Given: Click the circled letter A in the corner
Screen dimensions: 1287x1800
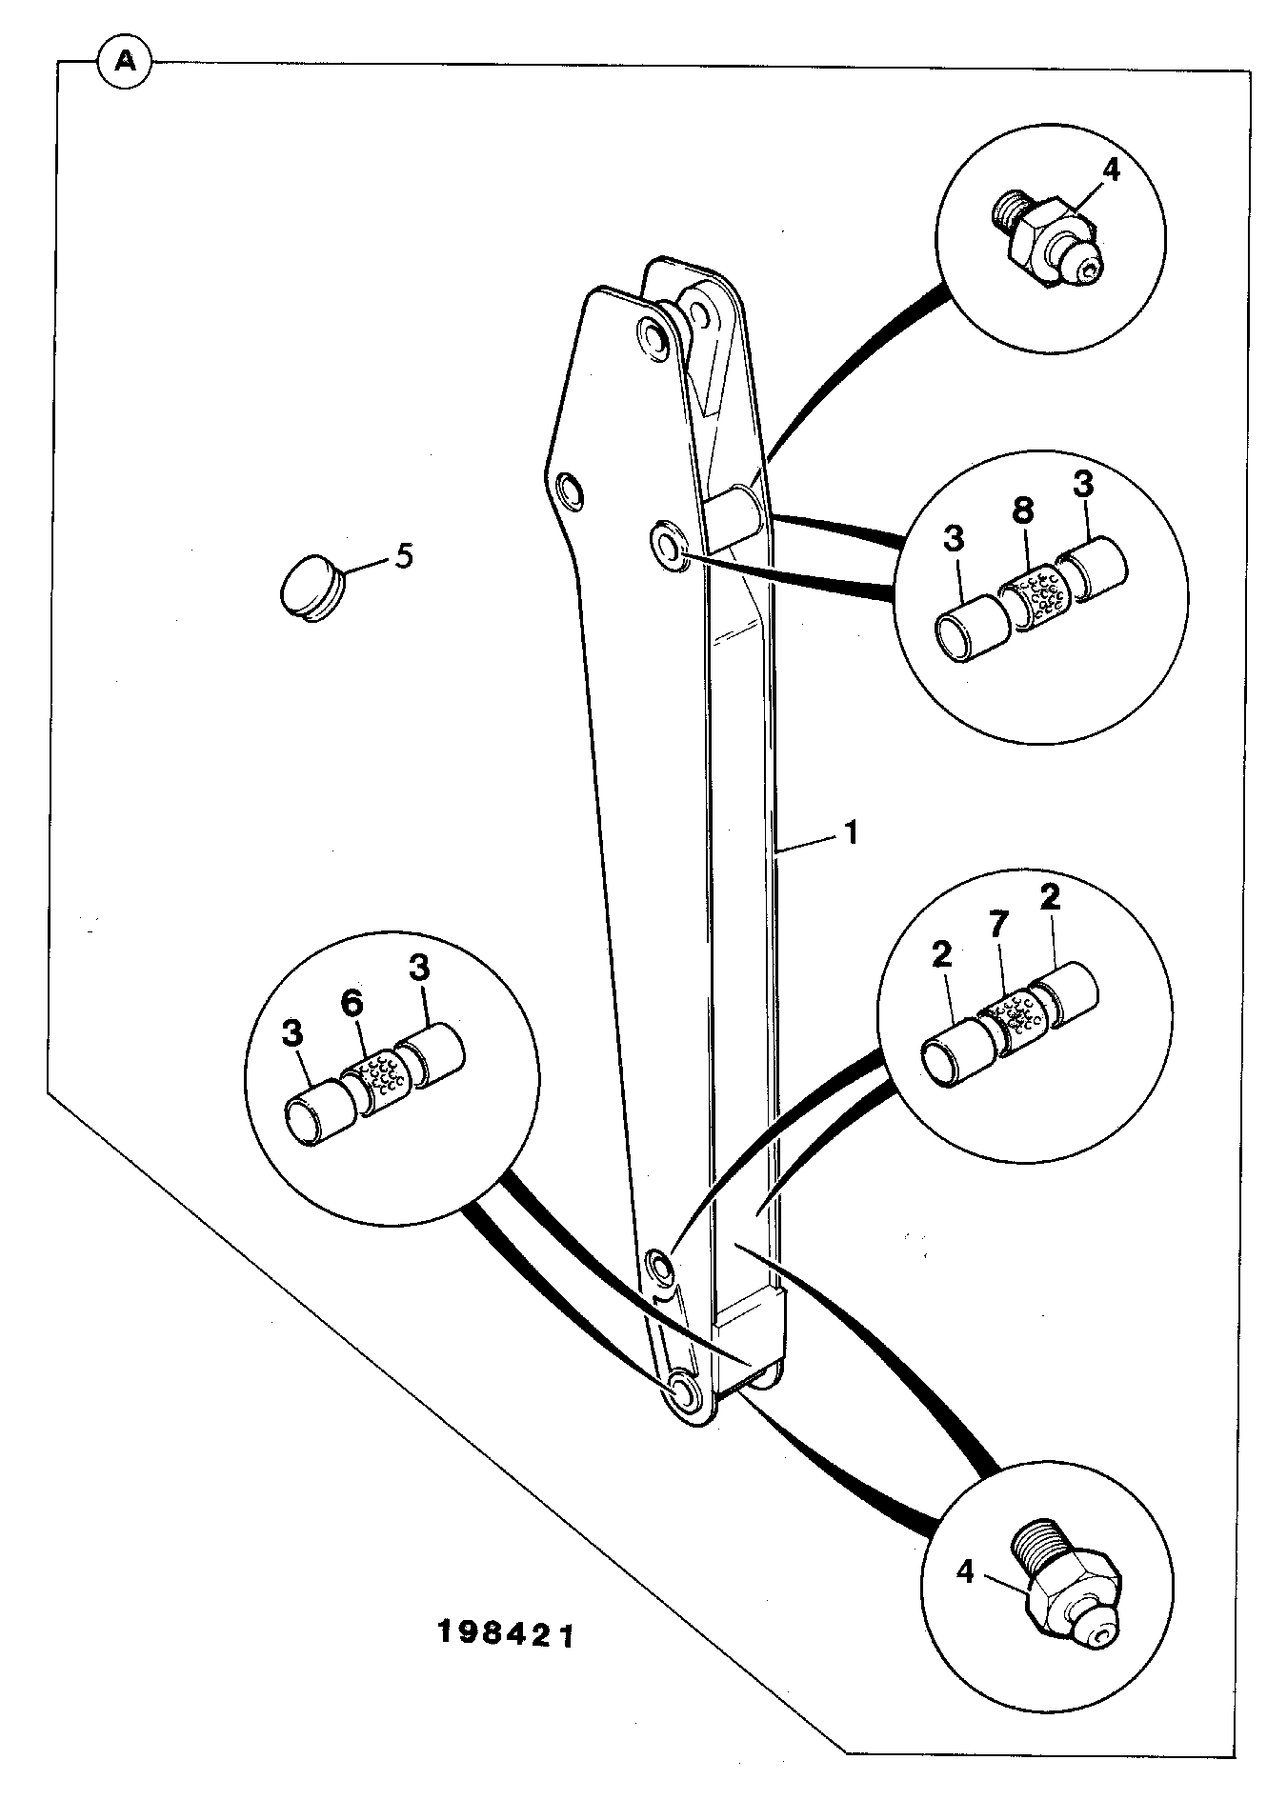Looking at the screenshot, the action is (125, 63).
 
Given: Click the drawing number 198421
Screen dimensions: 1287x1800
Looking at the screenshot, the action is (507, 1554).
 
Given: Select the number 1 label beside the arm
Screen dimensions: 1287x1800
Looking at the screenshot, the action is (851, 833).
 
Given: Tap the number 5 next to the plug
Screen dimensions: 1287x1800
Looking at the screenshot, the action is (404, 555).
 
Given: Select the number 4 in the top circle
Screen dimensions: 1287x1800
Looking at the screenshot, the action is (1085, 171).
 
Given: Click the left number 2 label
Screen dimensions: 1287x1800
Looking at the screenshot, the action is (943, 957).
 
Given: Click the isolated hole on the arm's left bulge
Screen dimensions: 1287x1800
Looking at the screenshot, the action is (572, 490).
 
